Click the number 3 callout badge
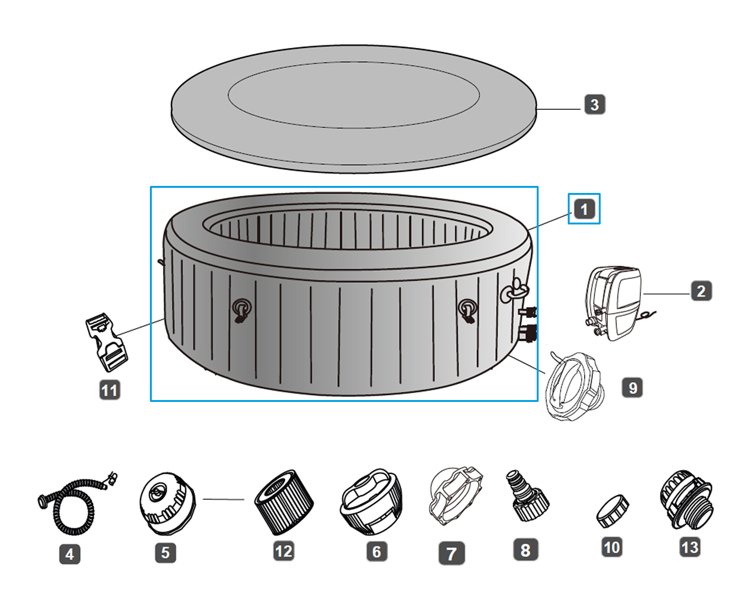click(x=595, y=104)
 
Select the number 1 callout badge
click(x=584, y=209)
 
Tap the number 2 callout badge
click(x=701, y=291)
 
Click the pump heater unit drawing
click(x=613, y=303)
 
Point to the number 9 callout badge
click(x=633, y=388)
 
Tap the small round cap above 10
click(x=613, y=511)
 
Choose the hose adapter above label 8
click(x=527, y=498)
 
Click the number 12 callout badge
click(x=284, y=551)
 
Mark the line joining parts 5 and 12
click(x=224, y=499)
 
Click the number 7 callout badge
click(x=452, y=553)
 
